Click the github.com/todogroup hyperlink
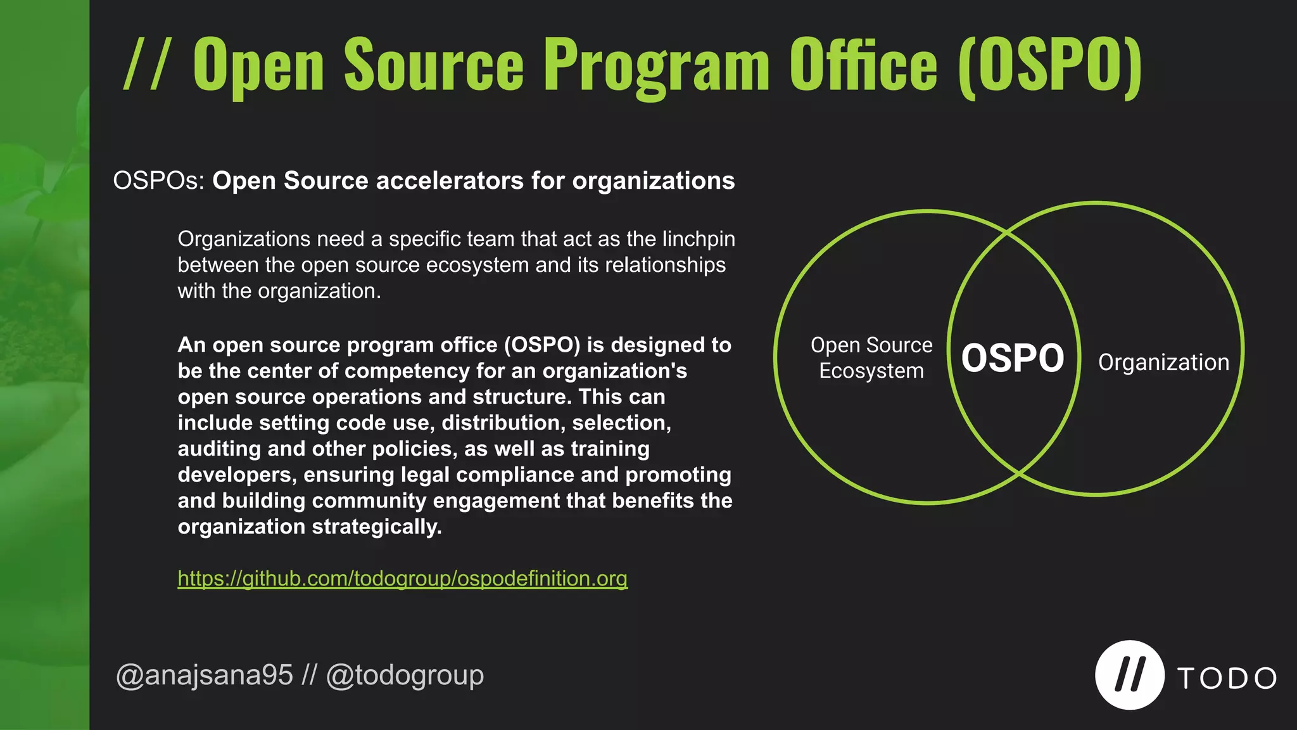(x=402, y=579)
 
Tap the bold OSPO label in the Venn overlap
(x=1013, y=358)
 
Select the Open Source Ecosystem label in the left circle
(x=871, y=358)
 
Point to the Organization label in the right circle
(x=1163, y=362)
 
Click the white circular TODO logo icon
(x=1129, y=675)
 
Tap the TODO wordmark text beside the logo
(x=1227, y=679)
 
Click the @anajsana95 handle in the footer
(x=205, y=676)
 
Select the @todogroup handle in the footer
(x=405, y=676)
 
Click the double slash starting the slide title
(x=146, y=65)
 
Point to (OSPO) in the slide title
(x=1050, y=65)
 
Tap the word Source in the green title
(x=434, y=65)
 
